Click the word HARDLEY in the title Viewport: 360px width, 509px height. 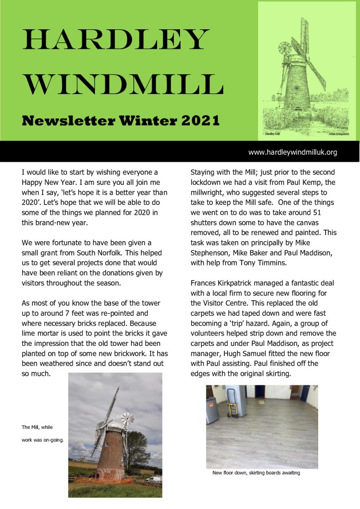(114, 40)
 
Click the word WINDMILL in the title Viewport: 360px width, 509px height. (122, 85)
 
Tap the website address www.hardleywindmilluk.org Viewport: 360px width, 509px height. (293, 152)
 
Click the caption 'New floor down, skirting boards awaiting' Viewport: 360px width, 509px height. (256, 473)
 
